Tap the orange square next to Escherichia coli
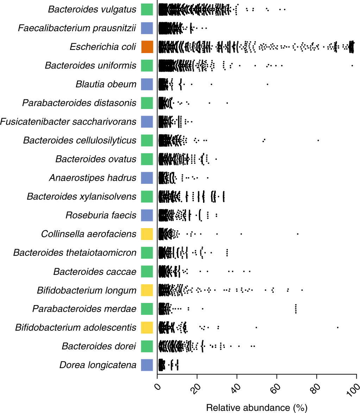click(147, 47)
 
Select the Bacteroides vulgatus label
click(92, 9)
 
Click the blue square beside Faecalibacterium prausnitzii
click(147, 28)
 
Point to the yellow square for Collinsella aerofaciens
click(147, 234)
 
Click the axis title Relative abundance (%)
click(257, 408)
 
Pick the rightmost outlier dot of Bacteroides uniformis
click(352, 65)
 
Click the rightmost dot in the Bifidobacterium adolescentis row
click(337, 327)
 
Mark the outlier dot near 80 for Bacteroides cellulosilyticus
click(318, 140)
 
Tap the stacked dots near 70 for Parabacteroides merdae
click(296, 309)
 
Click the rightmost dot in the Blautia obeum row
click(267, 84)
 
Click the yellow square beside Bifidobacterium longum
click(147, 290)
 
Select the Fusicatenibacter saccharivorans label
click(68, 122)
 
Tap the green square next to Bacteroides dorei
click(147, 346)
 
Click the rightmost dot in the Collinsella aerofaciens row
click(298, 234)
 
